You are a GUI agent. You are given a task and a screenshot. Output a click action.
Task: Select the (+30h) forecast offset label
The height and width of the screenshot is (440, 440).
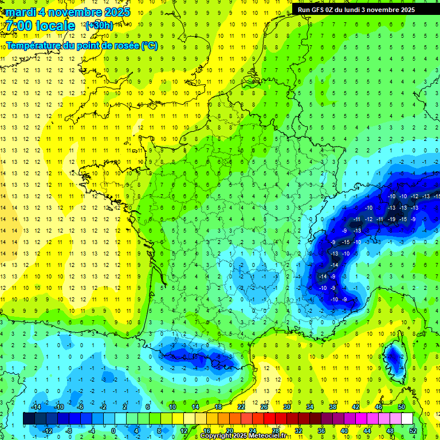tap(99, 26)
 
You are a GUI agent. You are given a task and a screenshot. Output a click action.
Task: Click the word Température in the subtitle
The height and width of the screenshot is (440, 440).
tap(34, 46)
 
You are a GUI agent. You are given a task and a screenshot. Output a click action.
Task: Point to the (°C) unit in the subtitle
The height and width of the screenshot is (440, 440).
tap(149, 46)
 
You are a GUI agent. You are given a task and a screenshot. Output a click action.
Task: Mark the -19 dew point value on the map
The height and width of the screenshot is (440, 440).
tap(392, 219)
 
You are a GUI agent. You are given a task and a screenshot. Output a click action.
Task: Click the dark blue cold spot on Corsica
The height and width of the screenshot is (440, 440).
tap(394, 358)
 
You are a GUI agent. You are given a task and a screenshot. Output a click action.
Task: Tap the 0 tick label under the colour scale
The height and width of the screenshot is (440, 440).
tap(113, 430)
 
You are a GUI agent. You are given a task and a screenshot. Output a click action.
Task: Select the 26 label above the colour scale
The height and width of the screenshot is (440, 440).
tap(264, 407)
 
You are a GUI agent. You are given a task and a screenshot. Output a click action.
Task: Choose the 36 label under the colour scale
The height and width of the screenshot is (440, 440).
tap(321, 430)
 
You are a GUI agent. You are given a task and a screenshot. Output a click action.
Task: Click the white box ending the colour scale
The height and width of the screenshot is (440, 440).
tap(407, 419)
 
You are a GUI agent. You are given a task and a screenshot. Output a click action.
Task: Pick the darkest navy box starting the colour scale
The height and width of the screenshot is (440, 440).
tap(29, 419)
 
